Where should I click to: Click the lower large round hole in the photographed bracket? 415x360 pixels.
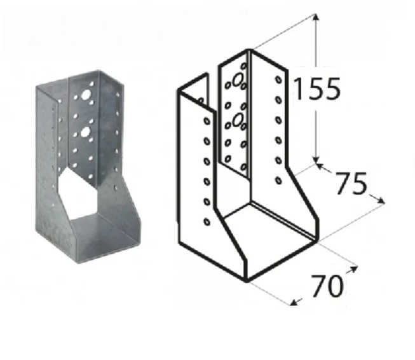pos(85,132)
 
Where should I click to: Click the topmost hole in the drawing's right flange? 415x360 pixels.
pos(278,80)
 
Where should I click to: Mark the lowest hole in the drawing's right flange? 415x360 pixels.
pos(278,180)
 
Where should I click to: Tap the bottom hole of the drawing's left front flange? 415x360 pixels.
pos(207,222)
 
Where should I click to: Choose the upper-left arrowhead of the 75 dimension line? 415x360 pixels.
pos(318,165)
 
